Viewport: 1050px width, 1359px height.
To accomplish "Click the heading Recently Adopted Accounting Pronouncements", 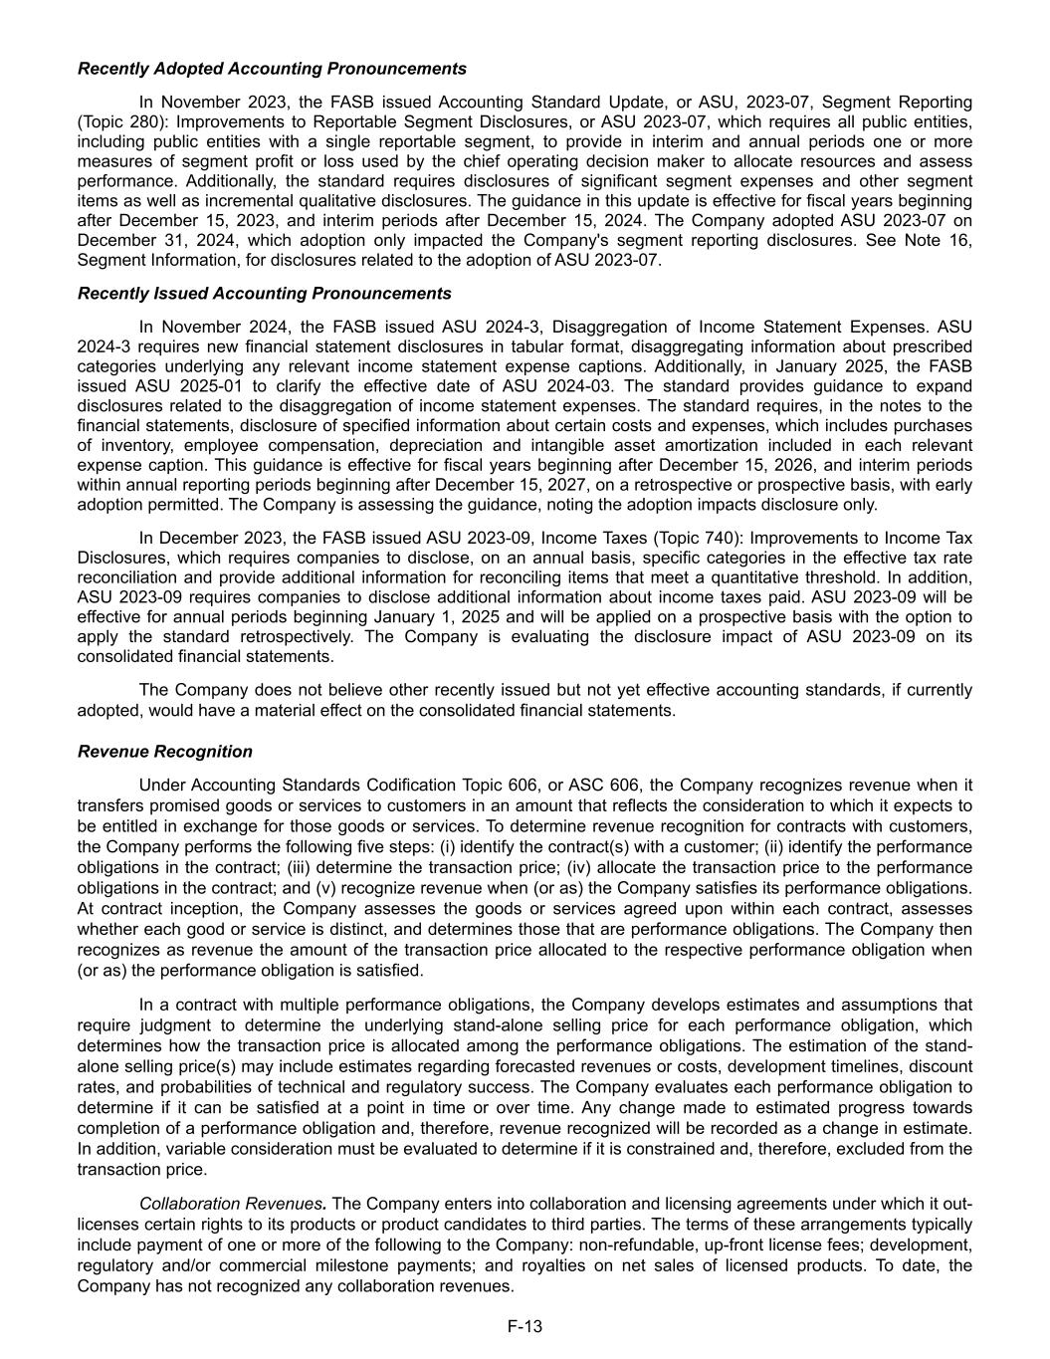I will tap(272, 69).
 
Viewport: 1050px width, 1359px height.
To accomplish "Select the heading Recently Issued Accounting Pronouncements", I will tap(264, 294).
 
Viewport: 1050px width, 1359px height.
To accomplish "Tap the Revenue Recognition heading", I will tap(165, 752).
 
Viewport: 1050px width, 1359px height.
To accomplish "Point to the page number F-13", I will tap(525, 1326).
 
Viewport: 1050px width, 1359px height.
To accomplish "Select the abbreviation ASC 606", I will tap(599, 786).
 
